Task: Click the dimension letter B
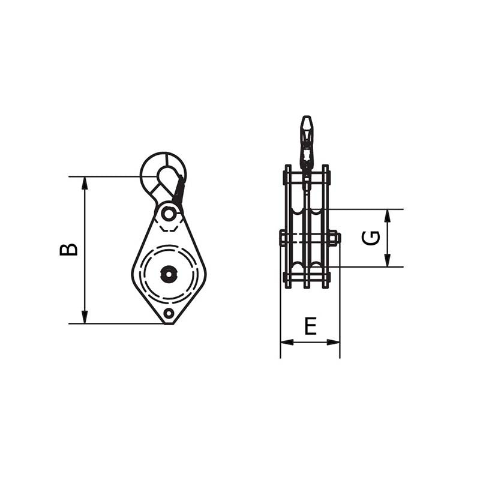coord(68,250)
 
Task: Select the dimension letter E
coord(310,326)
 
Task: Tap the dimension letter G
coord(371,238)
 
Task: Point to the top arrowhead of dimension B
coord(85,184)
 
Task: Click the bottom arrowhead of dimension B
coord(85,317)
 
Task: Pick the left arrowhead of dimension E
coord(287,342)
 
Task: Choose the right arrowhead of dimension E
coord(334,342)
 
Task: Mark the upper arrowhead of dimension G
coord(388,216)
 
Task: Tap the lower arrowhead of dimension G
coord(388,260)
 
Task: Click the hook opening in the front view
coord(165,175)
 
